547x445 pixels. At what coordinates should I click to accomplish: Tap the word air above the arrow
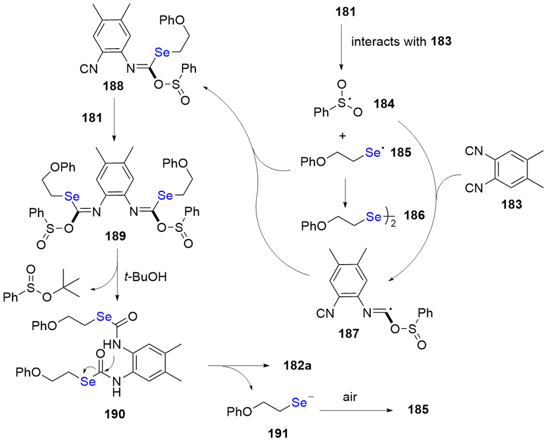351,397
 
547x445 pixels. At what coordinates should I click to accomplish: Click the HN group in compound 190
110,343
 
